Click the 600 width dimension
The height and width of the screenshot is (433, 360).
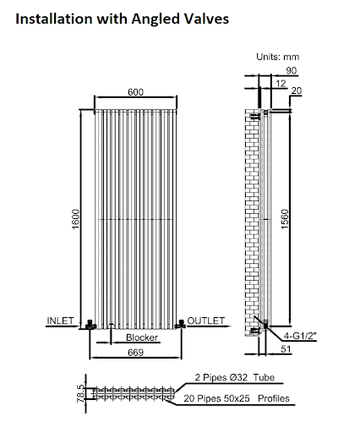[x=135, y=91]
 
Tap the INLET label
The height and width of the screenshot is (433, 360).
[x=61, y=321]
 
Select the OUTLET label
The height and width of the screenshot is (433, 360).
[x=206, y=321]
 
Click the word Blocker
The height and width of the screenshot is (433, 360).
[x=142, y=338]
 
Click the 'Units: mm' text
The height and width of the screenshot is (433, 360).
[x=278, y=57]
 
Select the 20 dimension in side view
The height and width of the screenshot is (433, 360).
[x=296, y=91]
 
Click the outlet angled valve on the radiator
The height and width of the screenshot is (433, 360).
[x=180, y=323]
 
